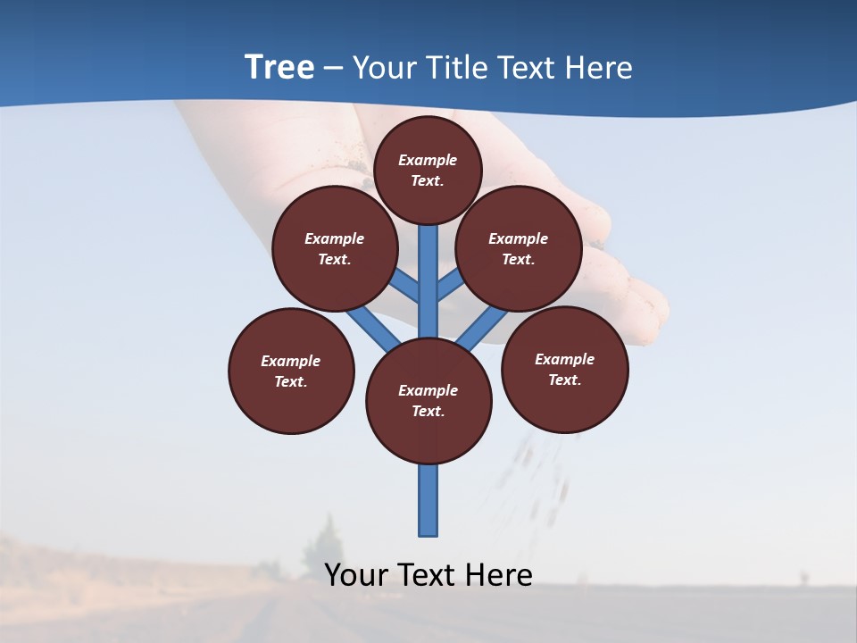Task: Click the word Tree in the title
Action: click(x=279, y=67)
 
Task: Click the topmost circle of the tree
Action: click(x=428, y=170)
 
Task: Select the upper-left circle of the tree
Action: click(x=335, y=248)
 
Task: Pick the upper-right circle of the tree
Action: click(x=519, y=248)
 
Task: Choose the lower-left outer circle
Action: click(x=291, y=371)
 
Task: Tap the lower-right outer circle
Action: click(x=564, y=369)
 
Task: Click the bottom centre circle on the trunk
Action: click(x=428, y=401)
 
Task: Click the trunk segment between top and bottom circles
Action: click(x=428, y=281)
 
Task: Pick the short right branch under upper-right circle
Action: click(x=450, y=286)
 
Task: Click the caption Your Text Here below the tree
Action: click(x=428, y=574)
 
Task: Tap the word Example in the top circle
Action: click(x=428, y=160)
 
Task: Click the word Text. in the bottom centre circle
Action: click(x=428, y=412)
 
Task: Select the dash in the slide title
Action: click(x=333, y=68)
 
